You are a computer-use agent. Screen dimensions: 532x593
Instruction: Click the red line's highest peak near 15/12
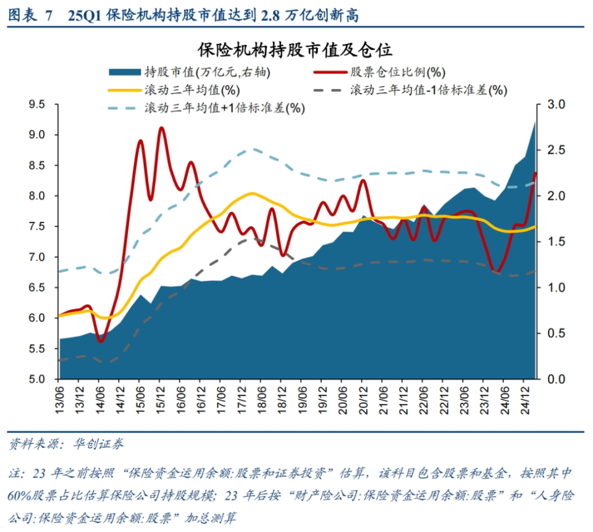[161, 128]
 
